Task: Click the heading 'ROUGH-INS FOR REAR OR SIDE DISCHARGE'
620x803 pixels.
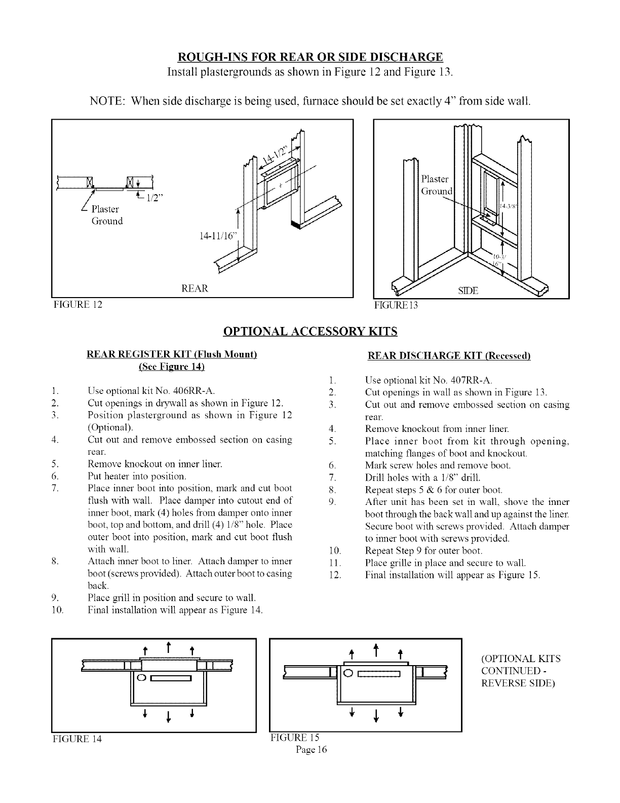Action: [309, 56]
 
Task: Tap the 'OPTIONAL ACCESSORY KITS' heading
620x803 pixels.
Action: [310, 332]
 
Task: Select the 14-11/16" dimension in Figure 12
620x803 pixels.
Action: [217, 236]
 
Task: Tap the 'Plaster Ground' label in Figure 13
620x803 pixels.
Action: [436, 185]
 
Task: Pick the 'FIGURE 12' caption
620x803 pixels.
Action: [77, 305]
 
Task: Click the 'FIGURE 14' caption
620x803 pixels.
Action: [77, 739]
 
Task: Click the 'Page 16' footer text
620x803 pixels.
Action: [312, 750]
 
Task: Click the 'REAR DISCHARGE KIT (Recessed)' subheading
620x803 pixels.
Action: [448, 355]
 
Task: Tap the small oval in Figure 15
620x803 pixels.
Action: [348, 674]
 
